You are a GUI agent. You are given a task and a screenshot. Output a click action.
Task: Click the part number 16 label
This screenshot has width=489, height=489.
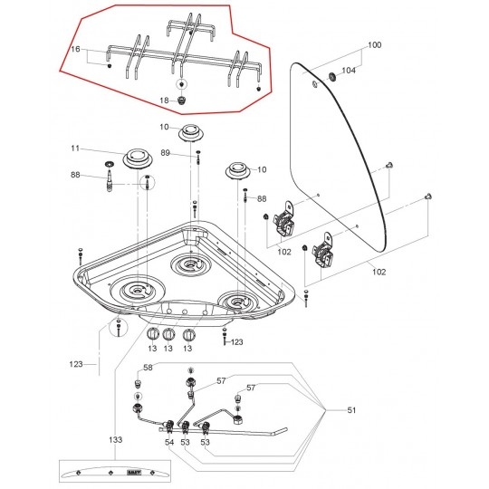pyautogui.click(x=75, y=49)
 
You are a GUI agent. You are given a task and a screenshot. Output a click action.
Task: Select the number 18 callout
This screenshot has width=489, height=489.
pyautogui.click(x=164, y=101)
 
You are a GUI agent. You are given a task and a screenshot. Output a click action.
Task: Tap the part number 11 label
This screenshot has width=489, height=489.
pyautogui.click(x=75, y=149)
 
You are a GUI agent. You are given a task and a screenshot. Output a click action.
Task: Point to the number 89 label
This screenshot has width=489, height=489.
pyautogui.click(x=166, y=153)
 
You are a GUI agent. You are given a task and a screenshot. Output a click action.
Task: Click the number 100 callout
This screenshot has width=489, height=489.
pyautogui.click(x=375, y=45)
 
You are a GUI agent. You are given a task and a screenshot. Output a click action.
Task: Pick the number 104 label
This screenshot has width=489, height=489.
pyautogui.click(x=349, y=71)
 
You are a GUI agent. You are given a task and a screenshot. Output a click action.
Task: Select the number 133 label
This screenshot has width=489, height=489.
pyautogui.click(x=116, y=440)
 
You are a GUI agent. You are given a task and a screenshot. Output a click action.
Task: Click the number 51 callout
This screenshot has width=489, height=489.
pyautogui.click(x=351, y=410)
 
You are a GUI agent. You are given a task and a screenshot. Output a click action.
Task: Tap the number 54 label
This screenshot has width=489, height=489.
pyautogui.click(x=169, y=442)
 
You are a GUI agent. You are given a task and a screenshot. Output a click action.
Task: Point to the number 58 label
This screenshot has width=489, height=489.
pyautogui.click(x=148, y=368)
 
